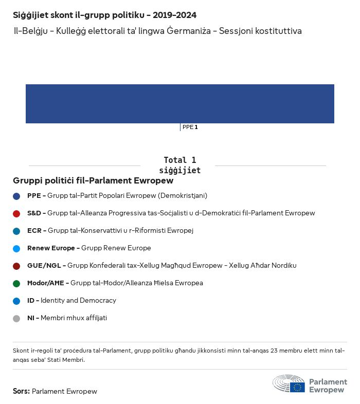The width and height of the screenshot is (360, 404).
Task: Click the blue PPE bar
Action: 180,104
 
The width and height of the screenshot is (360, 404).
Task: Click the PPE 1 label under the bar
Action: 190,127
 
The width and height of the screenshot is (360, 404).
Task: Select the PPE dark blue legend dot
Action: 16,196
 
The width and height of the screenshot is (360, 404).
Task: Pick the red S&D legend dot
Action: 16,213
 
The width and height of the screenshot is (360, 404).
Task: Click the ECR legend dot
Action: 16,231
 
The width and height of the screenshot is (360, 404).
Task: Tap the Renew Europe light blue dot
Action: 16,248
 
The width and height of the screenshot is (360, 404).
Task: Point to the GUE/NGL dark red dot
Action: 16,266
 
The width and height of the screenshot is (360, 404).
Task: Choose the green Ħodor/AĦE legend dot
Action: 16,283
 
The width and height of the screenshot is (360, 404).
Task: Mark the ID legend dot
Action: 16,301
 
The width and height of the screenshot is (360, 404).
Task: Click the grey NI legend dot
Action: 16,318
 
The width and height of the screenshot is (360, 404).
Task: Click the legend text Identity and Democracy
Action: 78,300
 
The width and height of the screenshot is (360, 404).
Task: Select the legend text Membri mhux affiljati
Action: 74,318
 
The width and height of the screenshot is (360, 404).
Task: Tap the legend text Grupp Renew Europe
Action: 116,248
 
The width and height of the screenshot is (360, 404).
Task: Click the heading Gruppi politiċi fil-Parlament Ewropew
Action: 93,181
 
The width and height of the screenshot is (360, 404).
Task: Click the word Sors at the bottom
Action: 21,391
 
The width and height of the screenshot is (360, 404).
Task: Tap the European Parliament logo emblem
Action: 289,384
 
